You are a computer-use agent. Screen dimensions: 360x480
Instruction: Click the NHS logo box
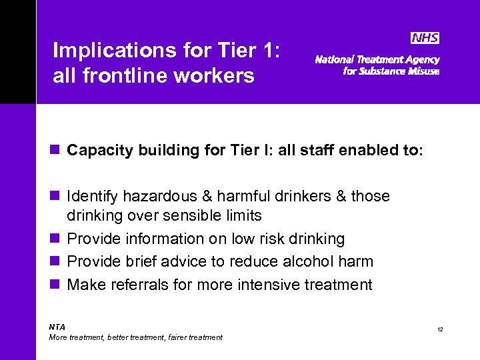point(425,38)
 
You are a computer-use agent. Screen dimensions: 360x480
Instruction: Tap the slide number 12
point(441,330)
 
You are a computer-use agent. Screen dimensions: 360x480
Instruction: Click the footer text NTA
point(57,327)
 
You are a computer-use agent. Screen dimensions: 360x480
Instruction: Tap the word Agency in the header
point(421,59)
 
